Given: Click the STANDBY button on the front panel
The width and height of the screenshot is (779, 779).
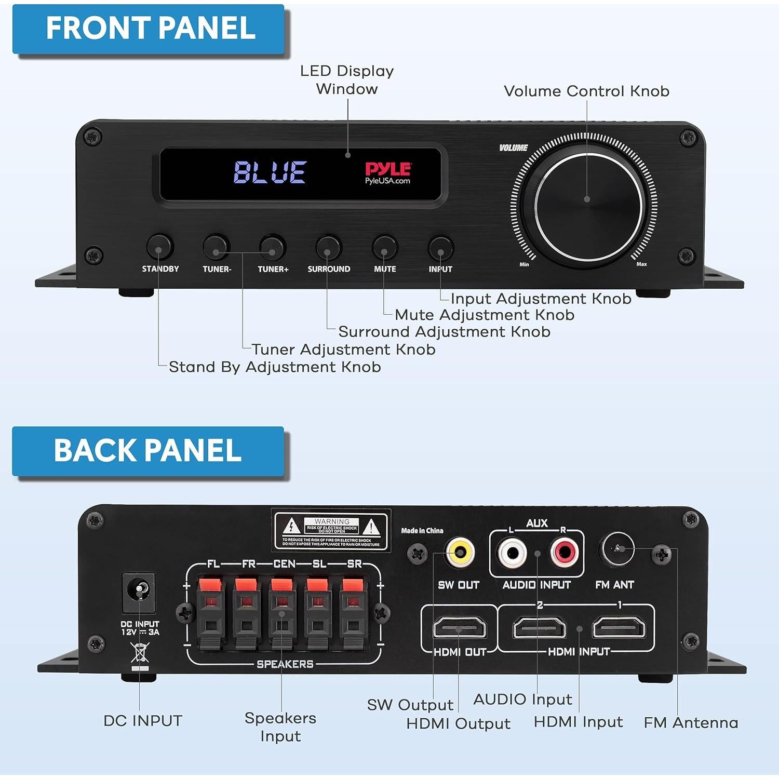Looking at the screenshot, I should (x=159, y=247).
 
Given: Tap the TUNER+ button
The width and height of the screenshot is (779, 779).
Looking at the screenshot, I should (x=273, y=248).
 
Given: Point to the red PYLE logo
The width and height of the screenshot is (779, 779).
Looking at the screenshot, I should (x=387, y=169).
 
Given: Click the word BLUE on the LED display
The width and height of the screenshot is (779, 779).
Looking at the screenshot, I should (x=270, y=172).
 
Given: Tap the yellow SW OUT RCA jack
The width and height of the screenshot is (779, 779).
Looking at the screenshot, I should (x=460, y=552).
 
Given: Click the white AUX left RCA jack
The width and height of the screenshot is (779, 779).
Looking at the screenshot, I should (x=512, y=553).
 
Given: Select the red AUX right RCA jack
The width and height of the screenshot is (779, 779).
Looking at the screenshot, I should (x=564, y=553).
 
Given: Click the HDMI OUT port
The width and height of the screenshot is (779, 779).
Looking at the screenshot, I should (x=460, y=628).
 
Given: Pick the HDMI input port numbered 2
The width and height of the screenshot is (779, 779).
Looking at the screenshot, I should (x=539, y=628).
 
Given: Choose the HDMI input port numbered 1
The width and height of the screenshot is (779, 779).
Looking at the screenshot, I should (x=619, y=628).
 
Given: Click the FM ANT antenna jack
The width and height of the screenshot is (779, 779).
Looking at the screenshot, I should (x=616, y=549).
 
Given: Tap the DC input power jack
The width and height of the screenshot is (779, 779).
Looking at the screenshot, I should (x=139, y=592).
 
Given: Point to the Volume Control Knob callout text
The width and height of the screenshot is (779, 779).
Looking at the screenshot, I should (x=586, y=91).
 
